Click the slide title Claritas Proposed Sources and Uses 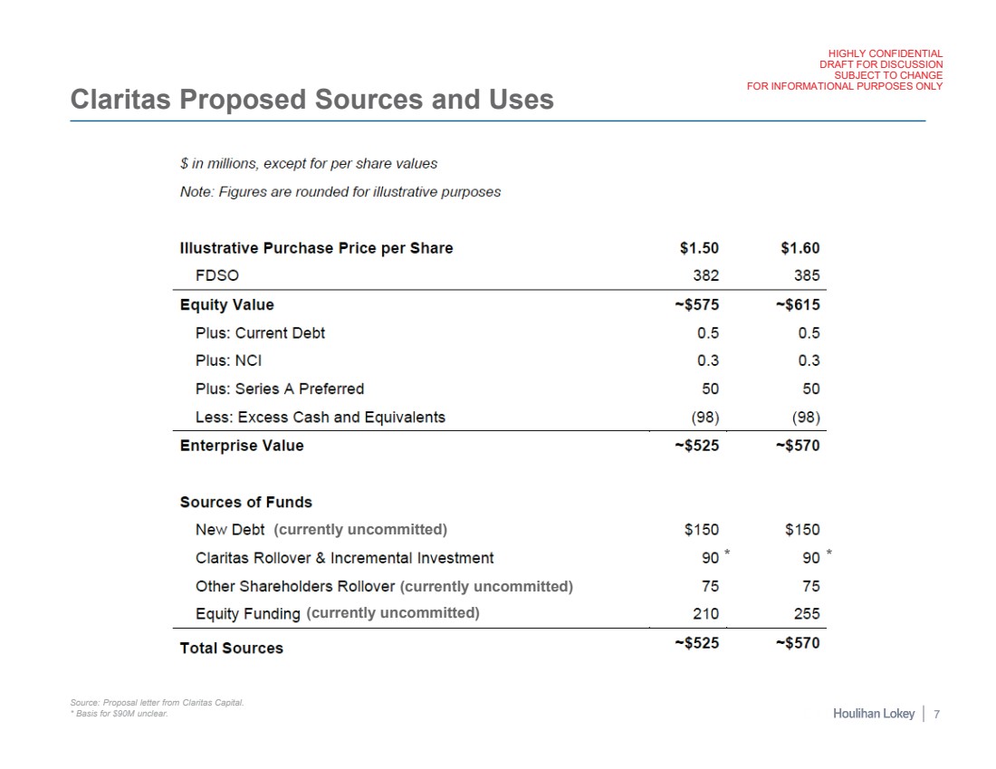(311, 99)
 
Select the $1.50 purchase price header (699, 248)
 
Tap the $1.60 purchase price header (800, 248)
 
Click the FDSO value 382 (706, 276)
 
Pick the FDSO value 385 (807, 276)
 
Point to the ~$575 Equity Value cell (696, 304)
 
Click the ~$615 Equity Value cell (797, 304)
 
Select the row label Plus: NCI (228, 360)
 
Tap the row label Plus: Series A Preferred (279, 389)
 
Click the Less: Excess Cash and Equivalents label (320, 418)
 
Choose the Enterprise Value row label (242, 446)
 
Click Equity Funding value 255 (807, 614)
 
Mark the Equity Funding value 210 (706, 614)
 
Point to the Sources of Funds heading (245, 502)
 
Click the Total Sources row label (231, 648)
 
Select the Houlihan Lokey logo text (873, 715)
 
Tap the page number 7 (936, 715)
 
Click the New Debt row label (230, 530)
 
